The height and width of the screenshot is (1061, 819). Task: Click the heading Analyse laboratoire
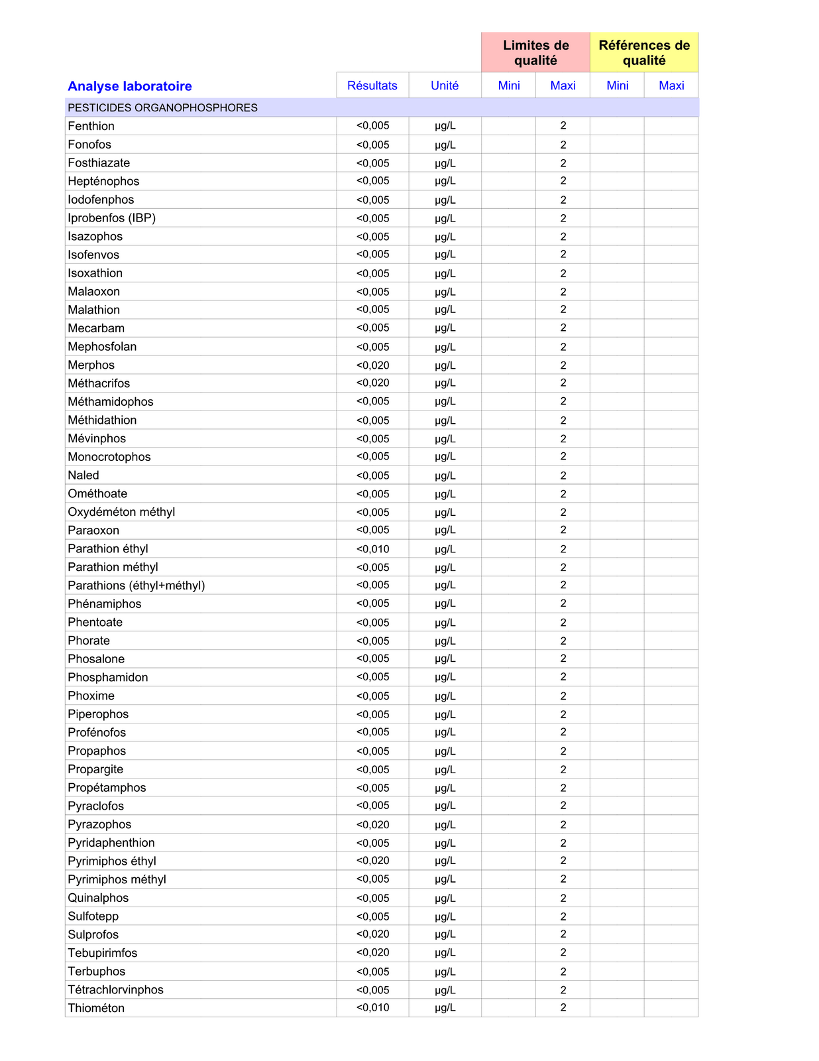tap(130, 86)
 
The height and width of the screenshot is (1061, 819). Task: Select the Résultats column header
tap(372, 86)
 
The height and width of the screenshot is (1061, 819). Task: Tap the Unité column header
tap(445, 86)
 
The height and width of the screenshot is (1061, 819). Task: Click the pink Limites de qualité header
tap(535, 53)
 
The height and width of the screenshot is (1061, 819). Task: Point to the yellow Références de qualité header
tap(644, 53)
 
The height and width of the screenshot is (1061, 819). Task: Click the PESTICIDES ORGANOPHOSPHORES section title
tap(163, 107)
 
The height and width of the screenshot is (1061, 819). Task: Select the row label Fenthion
tap(91, 126)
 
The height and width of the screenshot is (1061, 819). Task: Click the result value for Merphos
tap(372, 365)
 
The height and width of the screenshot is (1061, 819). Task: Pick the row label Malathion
tap(94, 310)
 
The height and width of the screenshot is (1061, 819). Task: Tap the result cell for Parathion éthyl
tap(372, 549)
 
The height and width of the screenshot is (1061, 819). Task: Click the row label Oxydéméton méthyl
tap(121, 512)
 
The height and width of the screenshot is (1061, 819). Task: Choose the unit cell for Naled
tap(445, 475)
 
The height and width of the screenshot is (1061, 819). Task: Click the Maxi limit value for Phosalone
tap(563, 658)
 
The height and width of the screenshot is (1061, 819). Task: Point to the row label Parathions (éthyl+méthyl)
tap(136, 586)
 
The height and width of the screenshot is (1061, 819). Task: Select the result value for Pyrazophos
tap(372, 825)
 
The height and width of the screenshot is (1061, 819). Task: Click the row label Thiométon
tap(96, 1008)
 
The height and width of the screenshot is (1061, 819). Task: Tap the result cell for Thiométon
tap(372, 1008)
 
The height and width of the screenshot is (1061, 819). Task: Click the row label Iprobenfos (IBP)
tap(112, 218)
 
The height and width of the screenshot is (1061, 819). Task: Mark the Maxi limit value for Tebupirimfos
tap(563, 953)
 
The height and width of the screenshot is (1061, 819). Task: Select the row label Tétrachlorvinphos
tap(117, 990)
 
